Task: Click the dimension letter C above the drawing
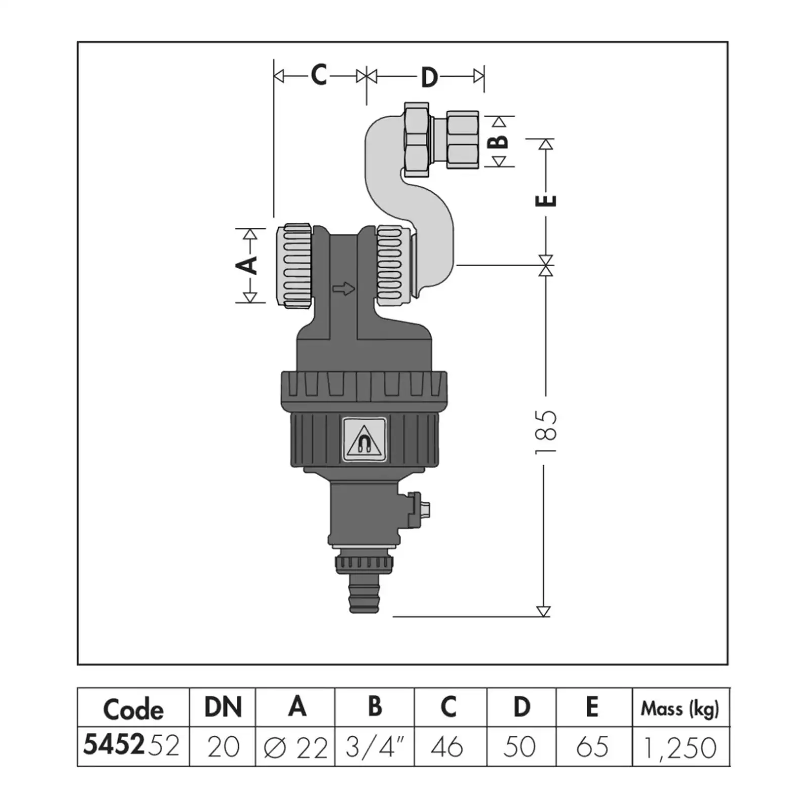click(x=318, y=75)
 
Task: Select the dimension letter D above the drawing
click(x=429, y=78)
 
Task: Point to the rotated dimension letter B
click(x=499, y=141)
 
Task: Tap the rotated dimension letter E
click(x=546, y=200)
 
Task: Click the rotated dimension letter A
click(x=250, y=265)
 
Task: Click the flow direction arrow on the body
click(x=344, y=289)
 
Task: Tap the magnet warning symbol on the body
click(x=364, y=439)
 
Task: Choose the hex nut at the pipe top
click(x=417, y=140)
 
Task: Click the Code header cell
click(x=133, y=710)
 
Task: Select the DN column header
click(x=223, y=707)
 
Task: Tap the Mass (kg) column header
click(x=680, y=710)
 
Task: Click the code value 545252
click(x=131, y=745)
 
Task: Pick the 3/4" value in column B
click(x=375, y=747)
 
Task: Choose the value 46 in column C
click(x=447, y=747)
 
